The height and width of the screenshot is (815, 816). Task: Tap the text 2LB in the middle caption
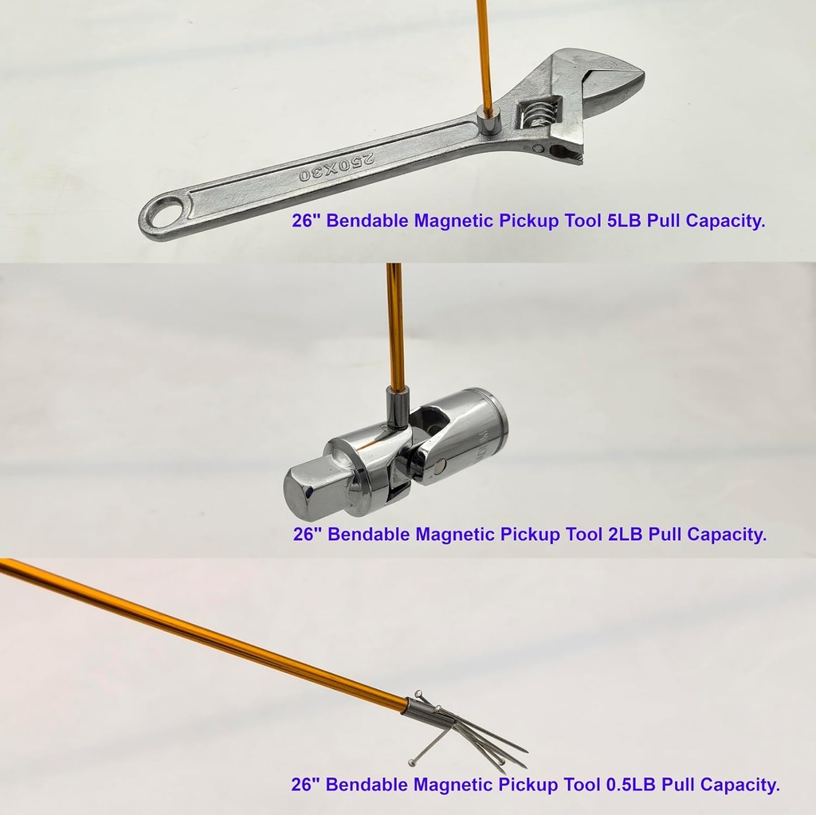(626, 534)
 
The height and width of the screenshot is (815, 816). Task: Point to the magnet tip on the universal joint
(397, 406)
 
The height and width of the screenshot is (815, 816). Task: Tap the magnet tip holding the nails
(422, 708)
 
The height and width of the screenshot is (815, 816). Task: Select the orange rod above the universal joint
(394, 327)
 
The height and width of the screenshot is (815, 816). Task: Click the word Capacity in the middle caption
(726, 534)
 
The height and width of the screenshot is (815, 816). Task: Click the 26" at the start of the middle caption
(307, 534)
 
